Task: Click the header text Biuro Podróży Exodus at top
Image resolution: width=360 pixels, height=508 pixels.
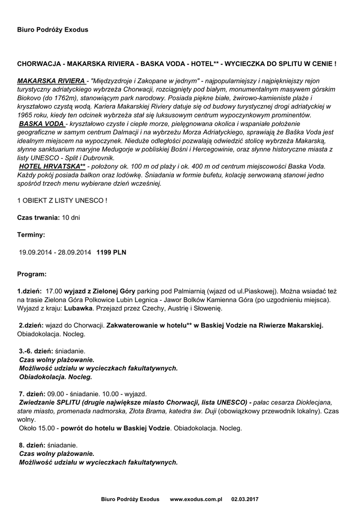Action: click(53, 30)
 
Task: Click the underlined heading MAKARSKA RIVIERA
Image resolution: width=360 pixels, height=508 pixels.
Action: click(51, 80)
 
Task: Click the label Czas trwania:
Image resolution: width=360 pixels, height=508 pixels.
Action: click(39, 218)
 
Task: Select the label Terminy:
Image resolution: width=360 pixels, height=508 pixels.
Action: click(31, 235)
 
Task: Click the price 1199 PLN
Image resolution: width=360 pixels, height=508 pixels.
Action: click(111, 252)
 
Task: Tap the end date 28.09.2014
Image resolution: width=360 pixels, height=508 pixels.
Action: click(74, 252)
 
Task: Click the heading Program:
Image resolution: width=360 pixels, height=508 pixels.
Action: click(32, 274)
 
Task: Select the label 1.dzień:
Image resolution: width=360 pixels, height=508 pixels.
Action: click(30, 291)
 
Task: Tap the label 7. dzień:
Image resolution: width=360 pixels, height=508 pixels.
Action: click(32, 393)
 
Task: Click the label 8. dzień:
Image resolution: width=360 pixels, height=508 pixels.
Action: click(32, 445)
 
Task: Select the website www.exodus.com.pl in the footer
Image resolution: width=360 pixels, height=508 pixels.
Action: click(196, 499)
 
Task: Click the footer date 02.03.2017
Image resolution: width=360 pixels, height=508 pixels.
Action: click(245, 499)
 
